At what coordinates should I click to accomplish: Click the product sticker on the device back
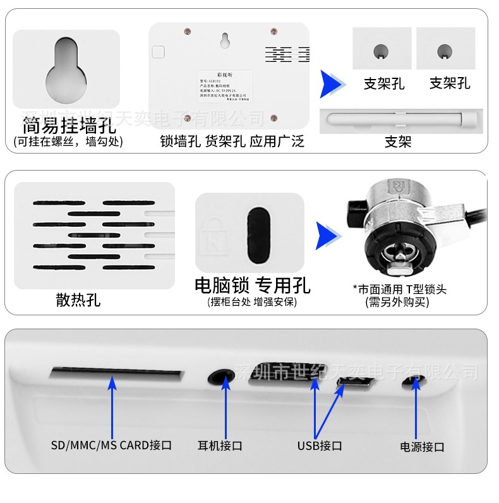225,87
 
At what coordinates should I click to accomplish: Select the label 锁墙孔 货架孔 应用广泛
232,141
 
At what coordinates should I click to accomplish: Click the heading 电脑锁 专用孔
252,285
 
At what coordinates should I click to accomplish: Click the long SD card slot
116,373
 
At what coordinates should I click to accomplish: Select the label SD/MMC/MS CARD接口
111,445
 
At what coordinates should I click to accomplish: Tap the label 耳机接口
220,445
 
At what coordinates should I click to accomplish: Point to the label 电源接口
422,447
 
